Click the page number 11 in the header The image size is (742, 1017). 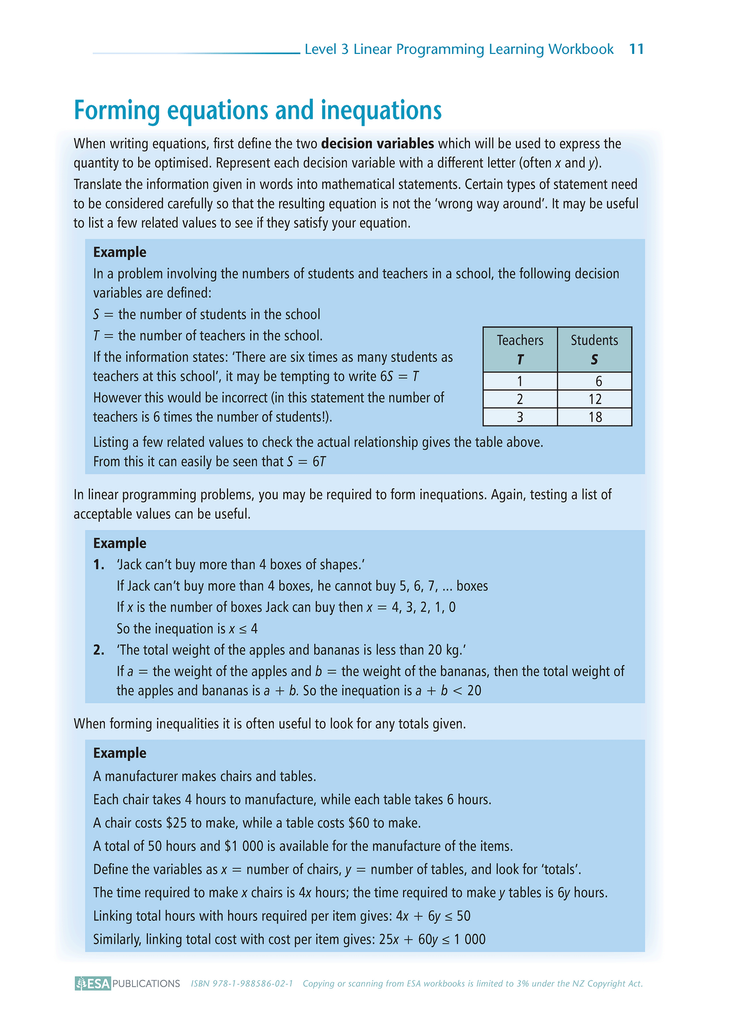pos(636,49)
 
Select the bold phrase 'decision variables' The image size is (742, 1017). pos(377,144)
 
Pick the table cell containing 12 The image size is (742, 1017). pos(595,399)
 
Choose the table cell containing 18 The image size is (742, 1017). pos(595,417)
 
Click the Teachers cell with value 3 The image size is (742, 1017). pos(520,417)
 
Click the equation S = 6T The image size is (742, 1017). pos(306,461)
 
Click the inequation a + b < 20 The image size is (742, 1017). pos(448,691)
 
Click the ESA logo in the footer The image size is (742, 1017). pos(93,983)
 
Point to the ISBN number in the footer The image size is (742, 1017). pos(242,984)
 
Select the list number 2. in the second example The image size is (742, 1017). pos(99,650)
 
